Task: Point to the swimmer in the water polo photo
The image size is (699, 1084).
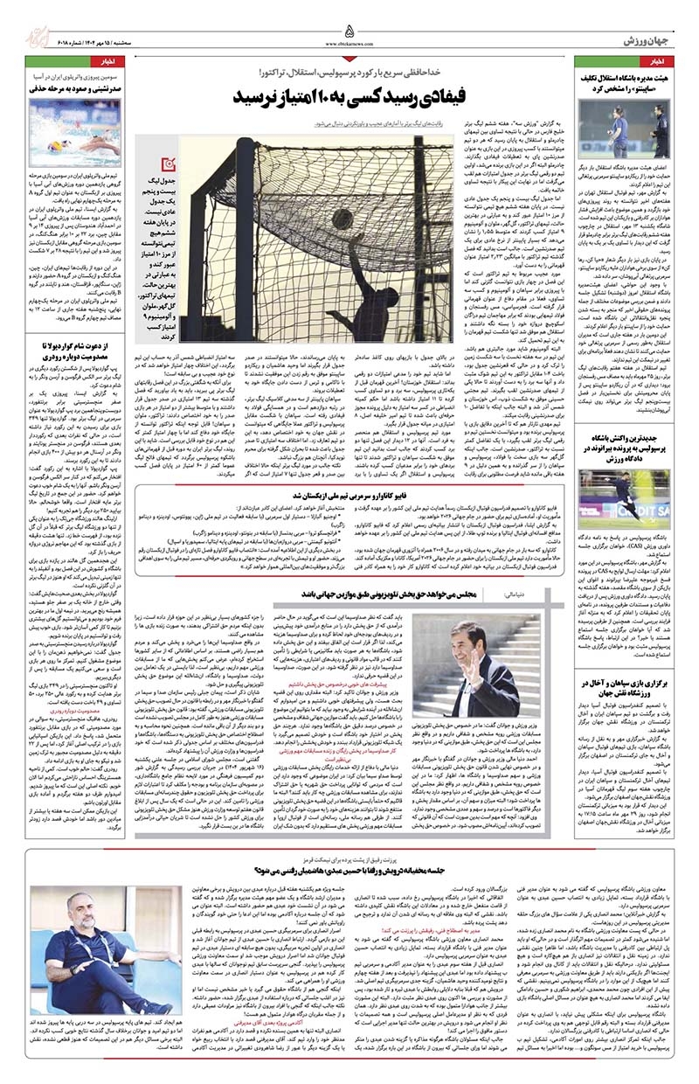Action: pyautogui.click(x=83, y=131)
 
